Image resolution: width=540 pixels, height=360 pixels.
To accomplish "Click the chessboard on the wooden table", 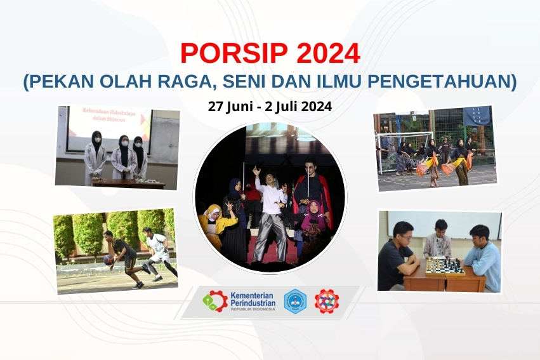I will [444, 266].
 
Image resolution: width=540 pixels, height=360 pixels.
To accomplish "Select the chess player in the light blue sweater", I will [481, 257].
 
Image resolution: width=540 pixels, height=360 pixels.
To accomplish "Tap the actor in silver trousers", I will [269, 216].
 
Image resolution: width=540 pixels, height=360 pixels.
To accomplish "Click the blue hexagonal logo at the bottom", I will [294, 301].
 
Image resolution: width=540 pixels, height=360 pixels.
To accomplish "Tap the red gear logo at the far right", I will [327, 301].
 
